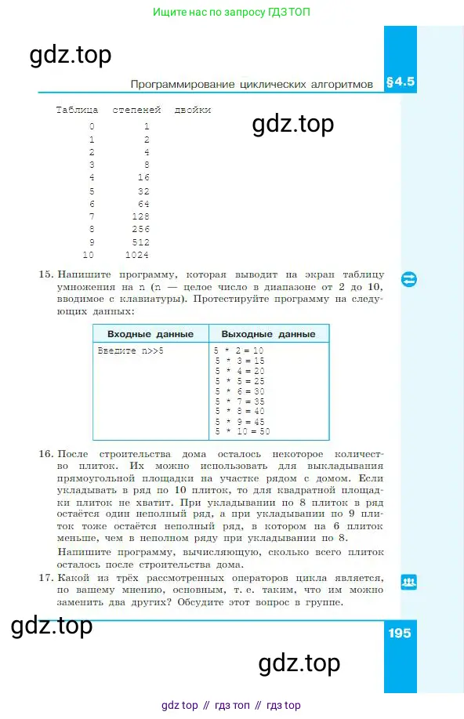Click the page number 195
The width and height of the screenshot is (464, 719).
tap(399, 633)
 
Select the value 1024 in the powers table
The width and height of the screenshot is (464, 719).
tap(137, 255)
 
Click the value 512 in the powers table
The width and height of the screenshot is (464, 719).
tap(140, 241)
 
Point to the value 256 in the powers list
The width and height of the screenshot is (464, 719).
tap(140, 229)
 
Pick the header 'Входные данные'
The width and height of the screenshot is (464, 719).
tap(150, 334)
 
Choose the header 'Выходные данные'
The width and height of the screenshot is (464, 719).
tap(268, 334)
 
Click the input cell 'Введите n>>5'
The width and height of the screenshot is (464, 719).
tap(131, 350)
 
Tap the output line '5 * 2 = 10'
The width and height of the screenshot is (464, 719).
tap(239, 350)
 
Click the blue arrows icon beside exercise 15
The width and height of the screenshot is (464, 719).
tap(408, 279)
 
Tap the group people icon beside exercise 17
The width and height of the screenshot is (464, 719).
tap(408, 582)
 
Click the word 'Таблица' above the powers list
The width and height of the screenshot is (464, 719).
tap(77, 110)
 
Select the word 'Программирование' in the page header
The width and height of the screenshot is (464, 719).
tap(178, 83)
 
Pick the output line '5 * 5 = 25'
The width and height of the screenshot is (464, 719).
tap(239, 380)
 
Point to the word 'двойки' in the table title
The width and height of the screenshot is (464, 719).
tap(193, 110)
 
